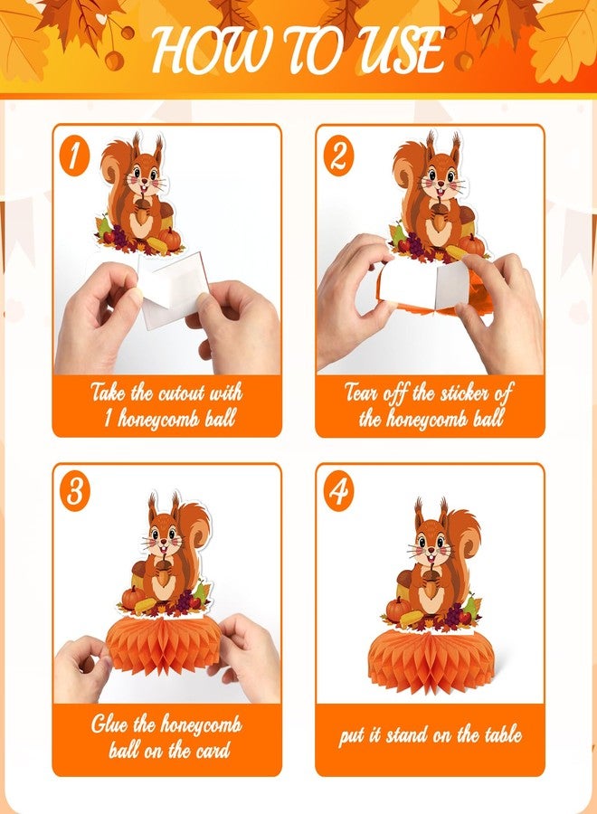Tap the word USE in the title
click(401, 50)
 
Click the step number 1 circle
click(75, 155)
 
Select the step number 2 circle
click(338, 155)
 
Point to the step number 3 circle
click(75, 491)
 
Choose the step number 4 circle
click(338, 491)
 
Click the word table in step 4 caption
click(503, 734)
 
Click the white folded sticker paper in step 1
click(173, 289)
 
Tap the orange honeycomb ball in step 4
click(431, 663)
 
